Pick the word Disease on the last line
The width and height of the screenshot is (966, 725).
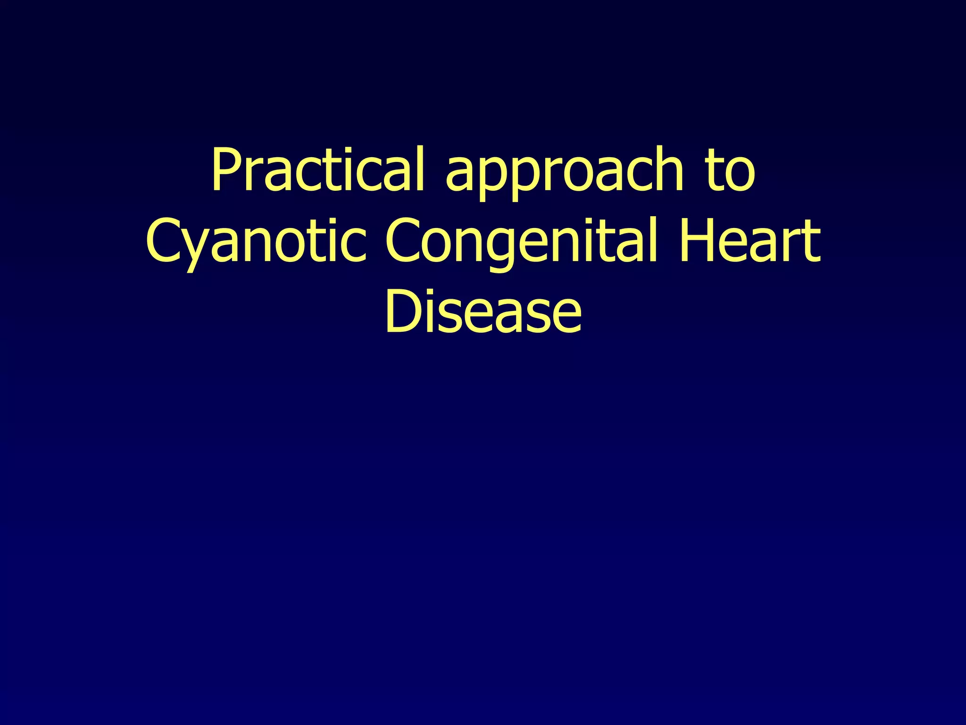coord(483,312)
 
